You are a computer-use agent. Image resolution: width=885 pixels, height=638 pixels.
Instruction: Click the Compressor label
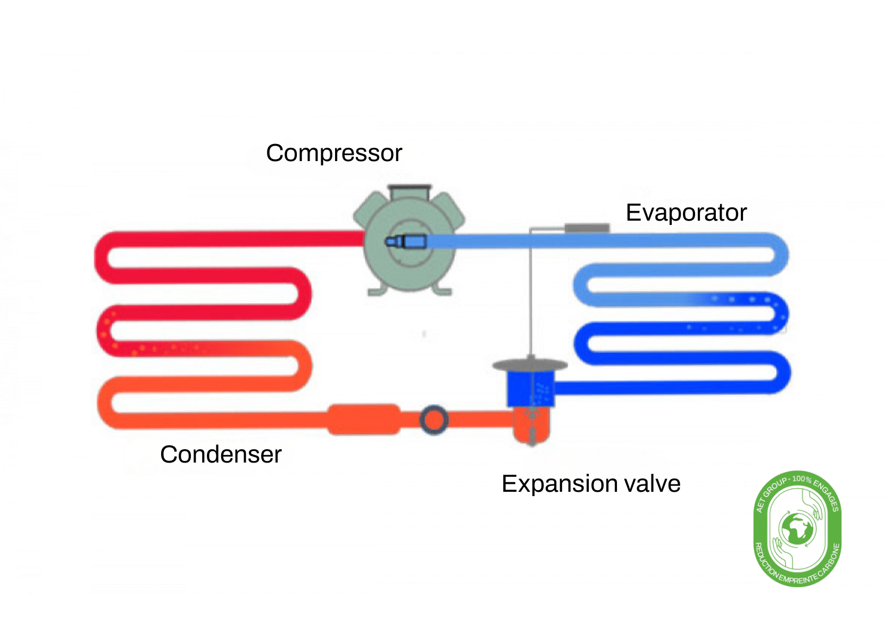pos(333,153)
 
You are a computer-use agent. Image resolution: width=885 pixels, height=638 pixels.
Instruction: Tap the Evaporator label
pos(686,213)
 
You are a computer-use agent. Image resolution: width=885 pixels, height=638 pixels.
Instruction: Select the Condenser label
pos(220,455)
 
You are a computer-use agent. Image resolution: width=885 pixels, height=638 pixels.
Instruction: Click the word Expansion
pos(559,484)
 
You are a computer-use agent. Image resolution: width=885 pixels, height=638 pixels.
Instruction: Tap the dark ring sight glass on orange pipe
pos(433,420)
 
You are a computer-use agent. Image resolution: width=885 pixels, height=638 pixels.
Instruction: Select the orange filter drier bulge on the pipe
pos(364,419)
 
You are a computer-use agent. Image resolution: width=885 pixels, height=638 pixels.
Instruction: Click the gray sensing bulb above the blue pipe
pos(587,228)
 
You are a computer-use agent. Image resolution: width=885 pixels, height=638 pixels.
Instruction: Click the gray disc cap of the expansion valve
pos(530,365)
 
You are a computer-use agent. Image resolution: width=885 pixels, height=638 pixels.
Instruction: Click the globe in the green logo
pos(797,529)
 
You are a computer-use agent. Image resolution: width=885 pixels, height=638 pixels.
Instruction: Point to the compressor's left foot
pos(377,290)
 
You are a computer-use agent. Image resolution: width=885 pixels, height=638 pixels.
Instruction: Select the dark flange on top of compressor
pos(409,189)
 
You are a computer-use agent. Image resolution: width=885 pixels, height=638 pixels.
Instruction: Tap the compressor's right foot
pos(442,290)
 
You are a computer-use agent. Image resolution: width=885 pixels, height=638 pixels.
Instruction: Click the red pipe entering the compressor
pos(319,239)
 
